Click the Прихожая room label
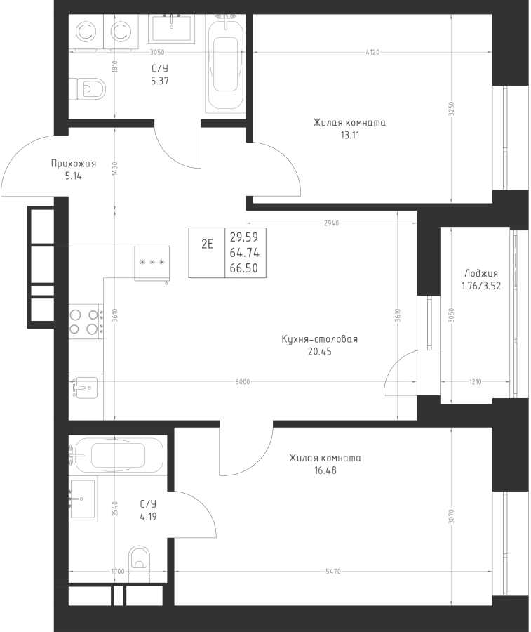(73, 163)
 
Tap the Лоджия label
(481, 273)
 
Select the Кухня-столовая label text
(320, 339)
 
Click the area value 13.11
(350, 135)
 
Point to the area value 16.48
(325, 470)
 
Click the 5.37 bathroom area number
(160, 81)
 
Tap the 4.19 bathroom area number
(148, 516)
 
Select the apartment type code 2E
(207, 244)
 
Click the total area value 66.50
(244, 268)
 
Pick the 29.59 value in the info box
(244, 237)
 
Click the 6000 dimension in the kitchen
(242, 382)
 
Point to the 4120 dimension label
(372, 52)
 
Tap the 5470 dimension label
(333, 571)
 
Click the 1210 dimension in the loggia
(475, 382)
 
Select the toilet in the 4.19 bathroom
(139, 563)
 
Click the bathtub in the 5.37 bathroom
(225, 64)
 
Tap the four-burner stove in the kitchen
(86, 322)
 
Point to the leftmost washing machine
(86, 32)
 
